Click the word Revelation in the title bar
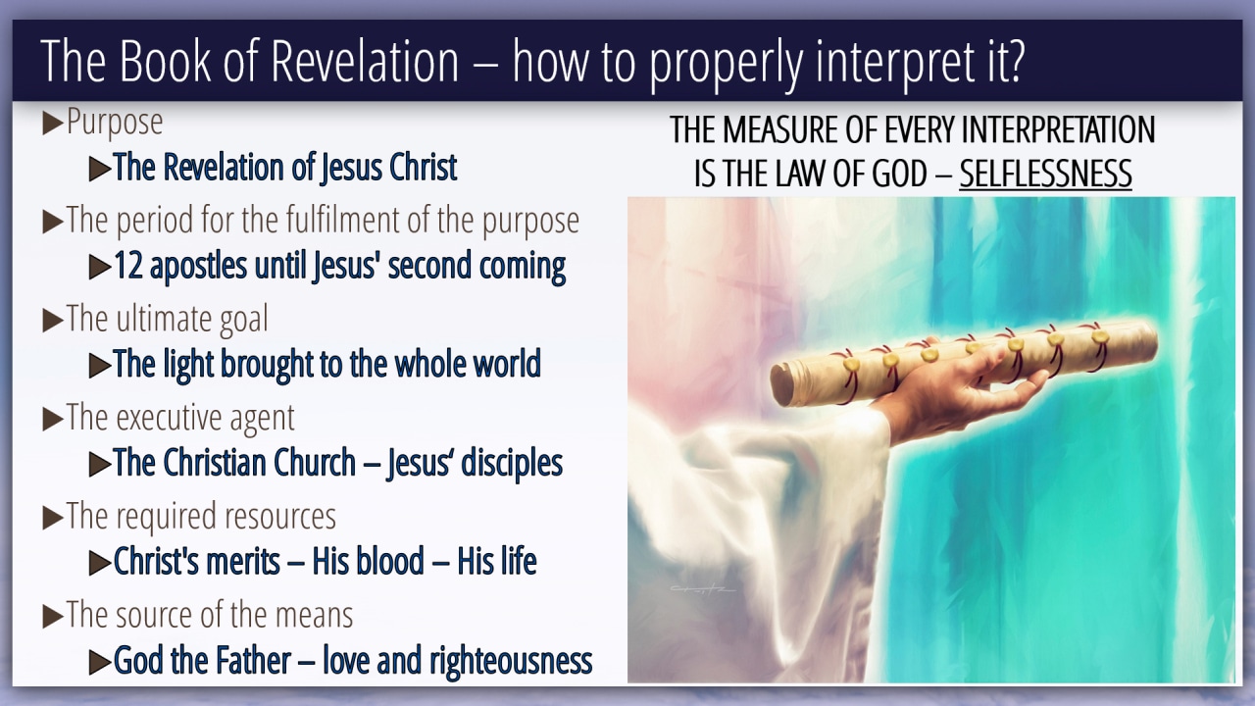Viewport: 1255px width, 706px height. click(x=365, y=61)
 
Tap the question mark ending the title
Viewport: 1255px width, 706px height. click(x=1015, y=61)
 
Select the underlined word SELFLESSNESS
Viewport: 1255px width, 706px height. click(x=1045, y=174)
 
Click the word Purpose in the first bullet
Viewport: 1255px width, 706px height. click(x=115, y=123)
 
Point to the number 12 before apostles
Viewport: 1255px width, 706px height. click(x=128, y=266)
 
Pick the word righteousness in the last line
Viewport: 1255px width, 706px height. click(x=511, y=661)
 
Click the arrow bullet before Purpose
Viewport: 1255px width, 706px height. click(x=53, y=124)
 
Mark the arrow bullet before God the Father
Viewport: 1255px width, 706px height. click(x=100, y=662)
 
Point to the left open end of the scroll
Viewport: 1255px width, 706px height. click(x=780, y=386)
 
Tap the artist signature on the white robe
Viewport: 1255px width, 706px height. click(x=702, y=589)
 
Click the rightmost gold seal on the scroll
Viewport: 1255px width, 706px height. click(x=1099, y=336)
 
